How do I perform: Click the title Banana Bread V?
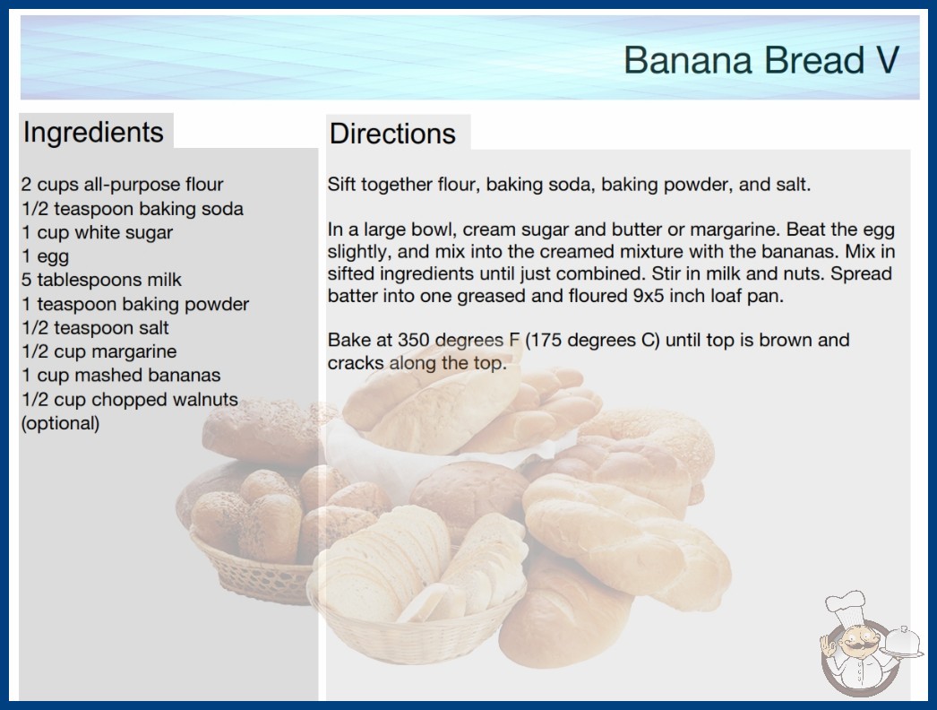(x=761, y=60)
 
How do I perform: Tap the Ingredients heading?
(x=93, y=132)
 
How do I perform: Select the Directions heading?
(x=392, y=134)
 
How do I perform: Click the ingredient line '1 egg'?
(x=46, y=256)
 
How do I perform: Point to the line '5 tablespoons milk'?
(x=101, y=280)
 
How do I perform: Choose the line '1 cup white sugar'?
(x=98, y=232)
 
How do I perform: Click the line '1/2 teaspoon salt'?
(x=95, y=328)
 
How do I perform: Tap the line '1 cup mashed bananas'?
(x=121, y=375)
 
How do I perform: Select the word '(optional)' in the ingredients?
(x=60, y=423)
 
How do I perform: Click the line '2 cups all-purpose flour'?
(x=123, y=185)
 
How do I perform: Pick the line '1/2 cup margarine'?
(x=99, y=351)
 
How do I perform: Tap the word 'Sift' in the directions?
(x=341, y=185)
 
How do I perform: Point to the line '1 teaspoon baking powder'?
(x=135, y=305)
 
